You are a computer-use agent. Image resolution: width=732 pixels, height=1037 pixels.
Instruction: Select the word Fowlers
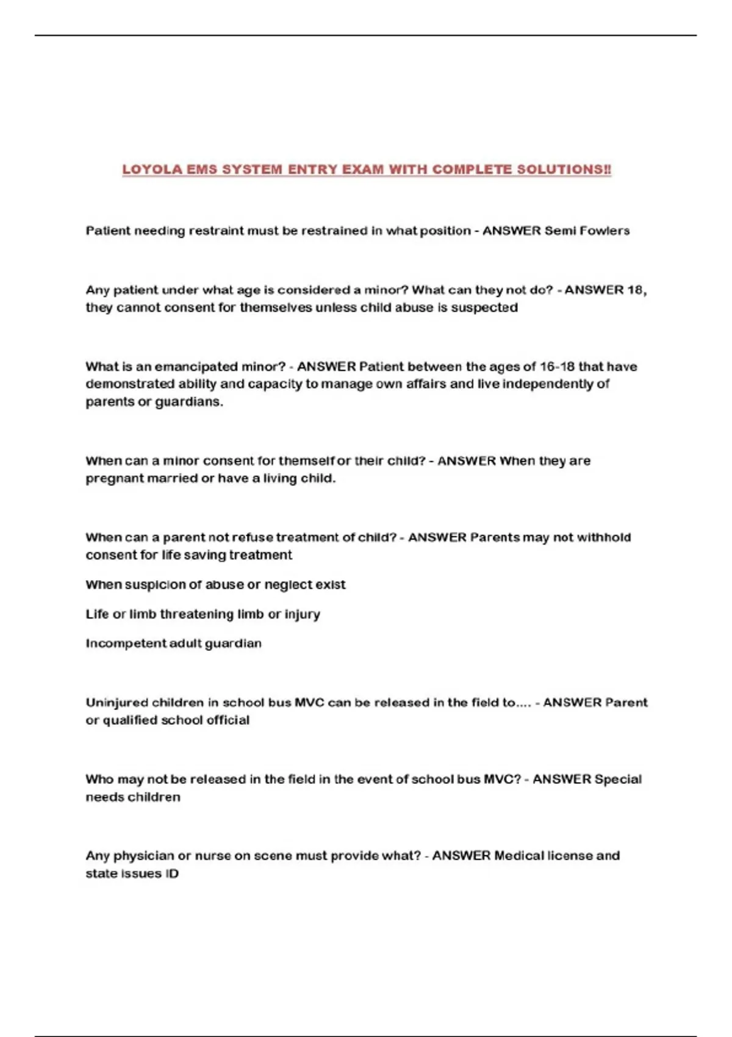605,231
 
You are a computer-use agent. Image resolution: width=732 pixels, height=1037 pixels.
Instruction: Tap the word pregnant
113,479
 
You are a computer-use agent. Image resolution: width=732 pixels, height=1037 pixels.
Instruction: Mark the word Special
618,780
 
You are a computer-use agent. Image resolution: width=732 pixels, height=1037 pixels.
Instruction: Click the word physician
143,856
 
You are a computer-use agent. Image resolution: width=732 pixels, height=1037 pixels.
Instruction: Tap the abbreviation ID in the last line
171,874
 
